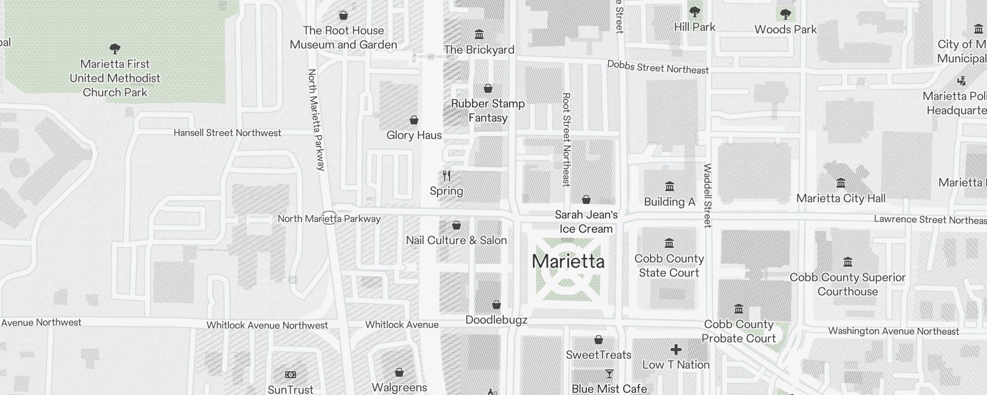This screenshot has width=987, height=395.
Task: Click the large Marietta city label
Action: point(568,262)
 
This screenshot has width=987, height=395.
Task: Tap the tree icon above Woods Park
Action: point(785,14)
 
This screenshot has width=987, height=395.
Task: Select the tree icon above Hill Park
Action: point(694,11)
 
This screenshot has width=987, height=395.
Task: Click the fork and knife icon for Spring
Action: point(447,176)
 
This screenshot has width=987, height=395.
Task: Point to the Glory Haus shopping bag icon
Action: point(414,120)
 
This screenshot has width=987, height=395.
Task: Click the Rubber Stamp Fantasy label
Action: point(488,111)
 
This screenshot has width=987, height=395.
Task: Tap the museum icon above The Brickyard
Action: point(479,34)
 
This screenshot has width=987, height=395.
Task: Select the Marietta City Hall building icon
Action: point(841,183)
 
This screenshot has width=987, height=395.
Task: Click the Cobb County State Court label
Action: point(669,266)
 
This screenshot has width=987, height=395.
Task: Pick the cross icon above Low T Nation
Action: point(676,350)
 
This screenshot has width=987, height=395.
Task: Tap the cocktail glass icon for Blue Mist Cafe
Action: point(609,374)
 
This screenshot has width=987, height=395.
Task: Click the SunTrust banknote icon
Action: point(291,375)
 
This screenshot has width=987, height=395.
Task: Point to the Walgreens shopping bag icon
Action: point(399,372)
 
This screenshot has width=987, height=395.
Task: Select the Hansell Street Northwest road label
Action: point(228,133)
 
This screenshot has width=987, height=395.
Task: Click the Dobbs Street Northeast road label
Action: point(657,67)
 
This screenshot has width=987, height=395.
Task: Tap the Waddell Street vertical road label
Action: point(708,196)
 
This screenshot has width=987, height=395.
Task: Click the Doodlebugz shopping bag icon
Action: point(496,305)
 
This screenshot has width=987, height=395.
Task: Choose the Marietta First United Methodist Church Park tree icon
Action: point(115,48)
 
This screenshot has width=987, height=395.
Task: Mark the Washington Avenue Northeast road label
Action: point(893,331)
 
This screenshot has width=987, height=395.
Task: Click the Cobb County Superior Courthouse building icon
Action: point(847,262)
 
